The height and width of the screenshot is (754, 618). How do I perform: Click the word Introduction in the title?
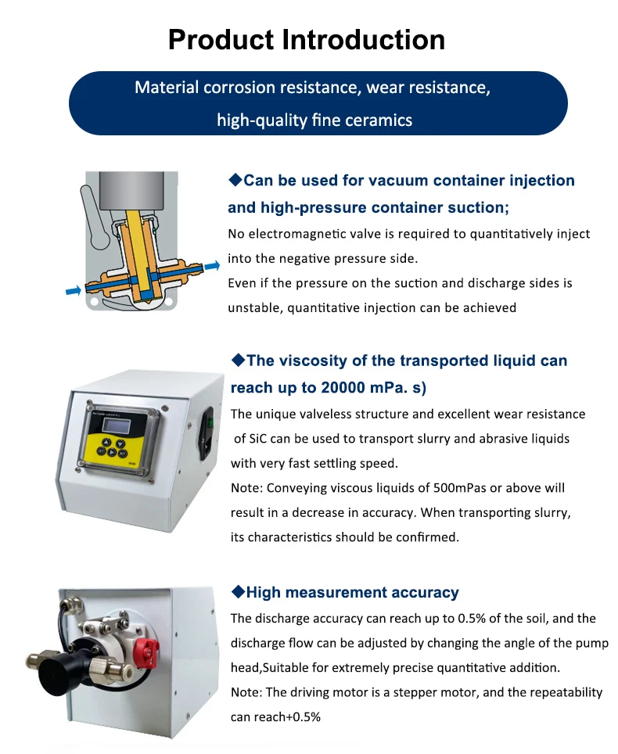[363, 39]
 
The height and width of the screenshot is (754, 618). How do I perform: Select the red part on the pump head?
[146, 648]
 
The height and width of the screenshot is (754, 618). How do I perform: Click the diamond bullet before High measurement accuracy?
[238, 592]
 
